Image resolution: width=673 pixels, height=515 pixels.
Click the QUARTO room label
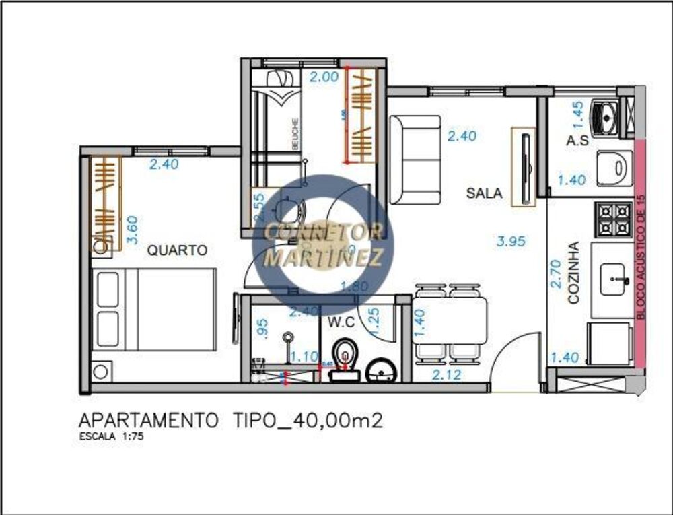[x=177, y=250]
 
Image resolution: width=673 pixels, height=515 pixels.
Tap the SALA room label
[x=484, y=193]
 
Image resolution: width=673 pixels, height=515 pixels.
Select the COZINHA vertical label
[x=573, y=273]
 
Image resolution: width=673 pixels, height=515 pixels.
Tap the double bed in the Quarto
[x=155, y=309]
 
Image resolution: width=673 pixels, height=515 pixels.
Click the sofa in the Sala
[x=415, y=160]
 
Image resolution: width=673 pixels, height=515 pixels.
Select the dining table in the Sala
[x=450, y=322]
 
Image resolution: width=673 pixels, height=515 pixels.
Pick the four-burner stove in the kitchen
[x=612, y=217]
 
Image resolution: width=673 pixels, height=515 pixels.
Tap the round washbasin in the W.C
[x=381, y=371]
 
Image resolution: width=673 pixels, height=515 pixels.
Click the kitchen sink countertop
[x=612, y=280]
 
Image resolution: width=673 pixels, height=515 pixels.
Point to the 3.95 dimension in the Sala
[x=511, y=241]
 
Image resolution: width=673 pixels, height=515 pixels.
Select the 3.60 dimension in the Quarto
[x=133, y=230]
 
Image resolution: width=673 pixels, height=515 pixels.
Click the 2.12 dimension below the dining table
[x=447, y=374]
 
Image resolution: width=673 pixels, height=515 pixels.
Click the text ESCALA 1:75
[x=111, y=436]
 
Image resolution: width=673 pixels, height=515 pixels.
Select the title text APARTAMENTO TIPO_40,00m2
[x=231, y=421]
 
